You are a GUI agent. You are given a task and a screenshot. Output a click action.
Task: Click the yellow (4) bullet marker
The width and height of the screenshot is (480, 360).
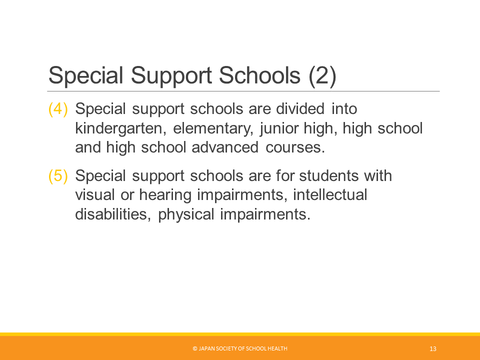click(x=58, y=109)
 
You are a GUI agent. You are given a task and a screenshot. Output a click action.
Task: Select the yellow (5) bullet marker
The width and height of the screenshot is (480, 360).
click(x=58, y=176)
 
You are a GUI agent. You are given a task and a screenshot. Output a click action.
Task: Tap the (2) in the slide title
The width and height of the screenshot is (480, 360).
click(x=322, y=76)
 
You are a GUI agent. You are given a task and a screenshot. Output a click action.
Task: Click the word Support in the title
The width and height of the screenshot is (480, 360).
click(x=171, y=76)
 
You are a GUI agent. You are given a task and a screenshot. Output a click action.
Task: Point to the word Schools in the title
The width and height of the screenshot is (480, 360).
click(x=259, y=75)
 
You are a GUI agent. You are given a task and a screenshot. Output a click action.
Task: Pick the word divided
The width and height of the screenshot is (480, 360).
click(x=300, y=108)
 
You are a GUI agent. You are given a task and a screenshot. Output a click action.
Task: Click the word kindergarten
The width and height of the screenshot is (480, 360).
click(x=120, y=129)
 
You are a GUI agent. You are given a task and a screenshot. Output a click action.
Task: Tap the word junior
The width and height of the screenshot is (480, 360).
click(x=279, y=129)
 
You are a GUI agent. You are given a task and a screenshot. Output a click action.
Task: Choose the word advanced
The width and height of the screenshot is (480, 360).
click(x=225, y=147)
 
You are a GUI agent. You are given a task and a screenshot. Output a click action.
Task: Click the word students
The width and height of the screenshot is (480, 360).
click(x=328, y=175)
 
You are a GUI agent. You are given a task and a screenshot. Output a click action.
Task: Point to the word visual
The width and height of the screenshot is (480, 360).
click(x=95, y=195)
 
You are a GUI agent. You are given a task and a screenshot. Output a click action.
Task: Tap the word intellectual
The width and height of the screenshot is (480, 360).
click(x=330, y=195)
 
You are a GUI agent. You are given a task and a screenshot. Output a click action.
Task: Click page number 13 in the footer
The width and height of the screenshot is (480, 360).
click(x=433, y=348)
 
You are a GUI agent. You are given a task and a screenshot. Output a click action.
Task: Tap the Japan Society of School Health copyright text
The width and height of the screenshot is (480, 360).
click(x=240, y=348)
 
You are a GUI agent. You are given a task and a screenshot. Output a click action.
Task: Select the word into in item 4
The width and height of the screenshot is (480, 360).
click(x=344, y=108)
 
